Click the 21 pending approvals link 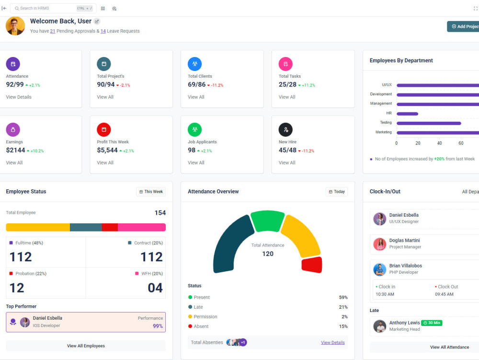coord(53,31)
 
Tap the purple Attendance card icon coord(13,64)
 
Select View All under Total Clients coord(196,97)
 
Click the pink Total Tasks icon coord(285,64)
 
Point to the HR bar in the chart coord(407,114)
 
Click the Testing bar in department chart coord(429,123)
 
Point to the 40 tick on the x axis coord(439,143)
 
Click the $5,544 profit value coord(107,150)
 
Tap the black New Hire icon coord(285,129)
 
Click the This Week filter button coord(151,192)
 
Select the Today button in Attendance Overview coord(337,192)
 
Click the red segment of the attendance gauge coord(312,265)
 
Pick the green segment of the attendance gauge coord(267,221)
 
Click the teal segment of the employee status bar coord(86,227)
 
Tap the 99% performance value coord(158,326)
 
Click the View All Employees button coord(86,346)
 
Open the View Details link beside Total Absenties coord(333,343)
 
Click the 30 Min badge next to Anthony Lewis coord(432,323)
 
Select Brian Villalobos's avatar coord(380,269)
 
